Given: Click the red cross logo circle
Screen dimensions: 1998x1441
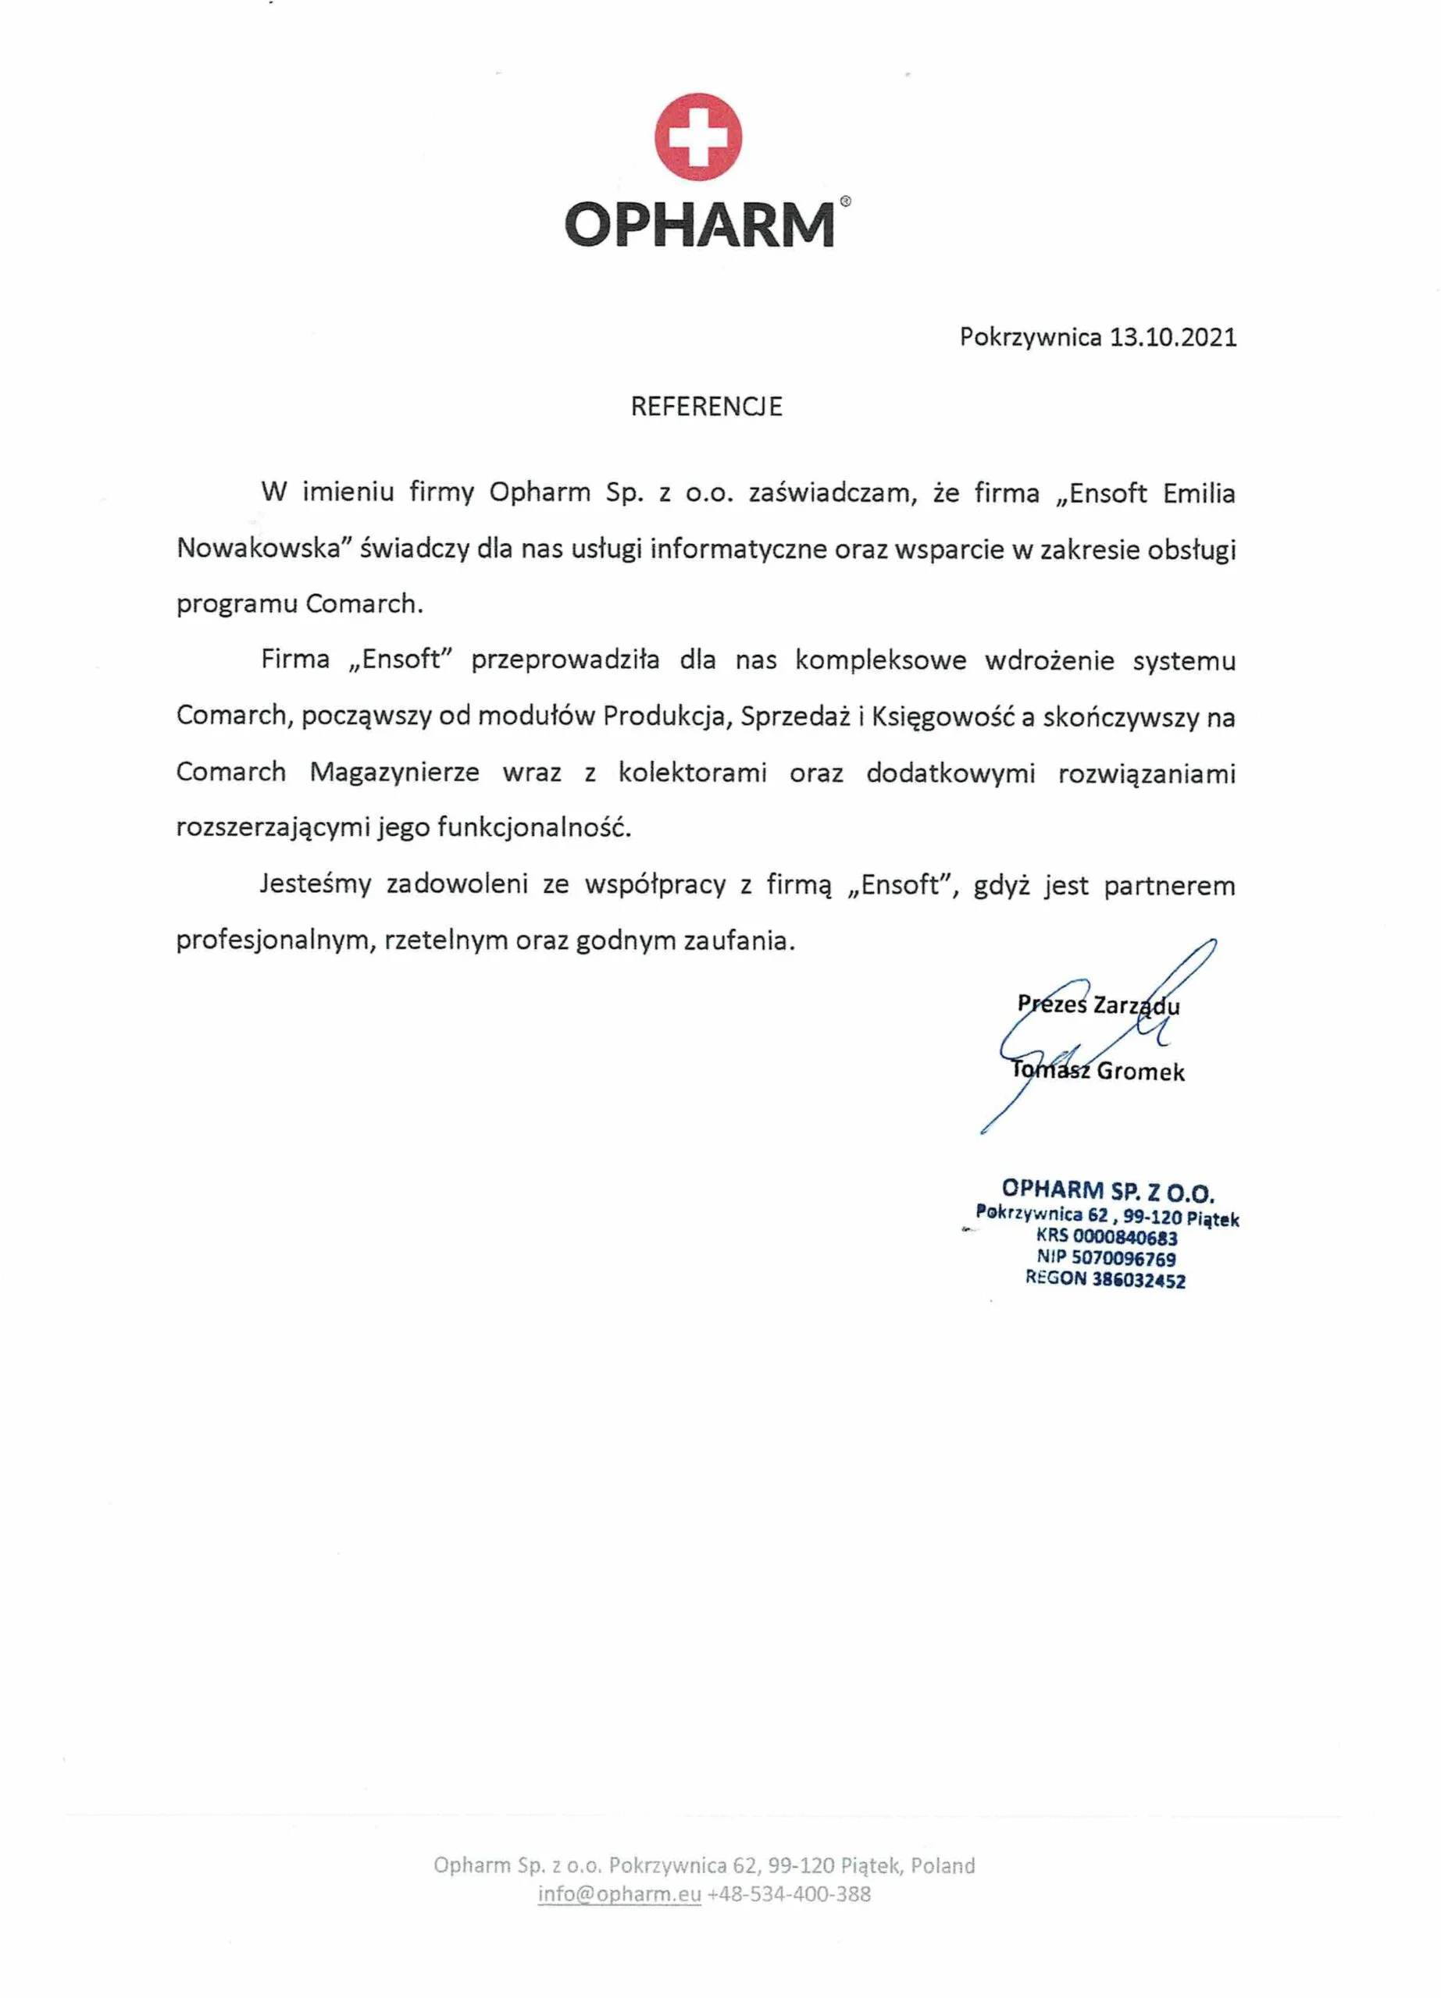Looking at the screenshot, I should click(697, 137).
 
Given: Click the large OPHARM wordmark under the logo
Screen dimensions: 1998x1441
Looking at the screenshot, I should click(699, 225).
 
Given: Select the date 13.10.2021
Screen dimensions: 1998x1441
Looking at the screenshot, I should click(1172, 337).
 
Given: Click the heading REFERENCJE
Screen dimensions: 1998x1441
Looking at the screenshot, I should click(706, 406).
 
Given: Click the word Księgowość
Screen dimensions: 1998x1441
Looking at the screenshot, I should click(942, 716).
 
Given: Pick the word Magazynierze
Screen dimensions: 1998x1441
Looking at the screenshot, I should click(394, 773).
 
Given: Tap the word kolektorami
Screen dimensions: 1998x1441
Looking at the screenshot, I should click(692, 773).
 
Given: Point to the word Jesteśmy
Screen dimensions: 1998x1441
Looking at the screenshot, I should click(316, 884).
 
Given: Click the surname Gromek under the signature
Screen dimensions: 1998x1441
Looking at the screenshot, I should click(1140, 1072).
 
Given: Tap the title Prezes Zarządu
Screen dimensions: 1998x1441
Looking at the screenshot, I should click(1098, 1004).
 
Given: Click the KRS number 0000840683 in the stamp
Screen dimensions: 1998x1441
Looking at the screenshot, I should click(1125, 1238).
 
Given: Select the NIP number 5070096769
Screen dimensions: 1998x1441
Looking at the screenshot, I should click(1123, 1259).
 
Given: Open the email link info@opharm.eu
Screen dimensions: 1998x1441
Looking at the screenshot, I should click(619, 1894).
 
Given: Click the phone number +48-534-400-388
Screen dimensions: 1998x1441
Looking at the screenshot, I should click(789, 1894).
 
